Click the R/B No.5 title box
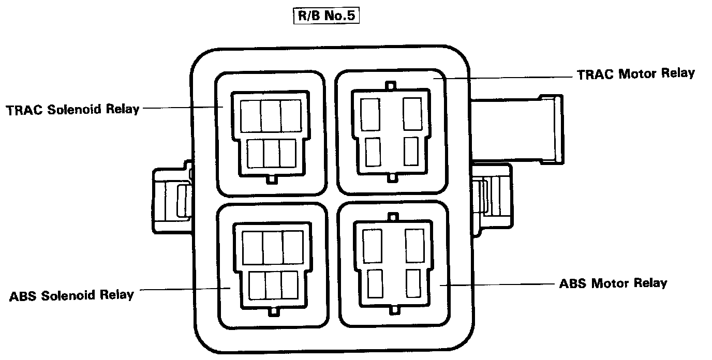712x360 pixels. tap(325, 16)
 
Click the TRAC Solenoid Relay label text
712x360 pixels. tap(73, 110)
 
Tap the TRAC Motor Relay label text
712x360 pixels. tap(635, 73)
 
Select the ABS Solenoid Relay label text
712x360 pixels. tap(71, 296)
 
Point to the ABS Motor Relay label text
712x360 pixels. tap(613, 283)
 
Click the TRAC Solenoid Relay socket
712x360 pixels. tap(270, 135)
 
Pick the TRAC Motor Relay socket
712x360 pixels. tap(391, 133)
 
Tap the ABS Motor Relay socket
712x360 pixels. tap(393, 264)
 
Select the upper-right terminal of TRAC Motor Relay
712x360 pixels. tap(412, 114)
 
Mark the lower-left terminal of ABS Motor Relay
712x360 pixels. tap(374, 283)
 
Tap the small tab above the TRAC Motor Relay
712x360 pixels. tap(392, 84)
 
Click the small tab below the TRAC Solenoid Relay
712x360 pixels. tap(271, 179)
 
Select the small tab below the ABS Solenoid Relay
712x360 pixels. tap(273, 312)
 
